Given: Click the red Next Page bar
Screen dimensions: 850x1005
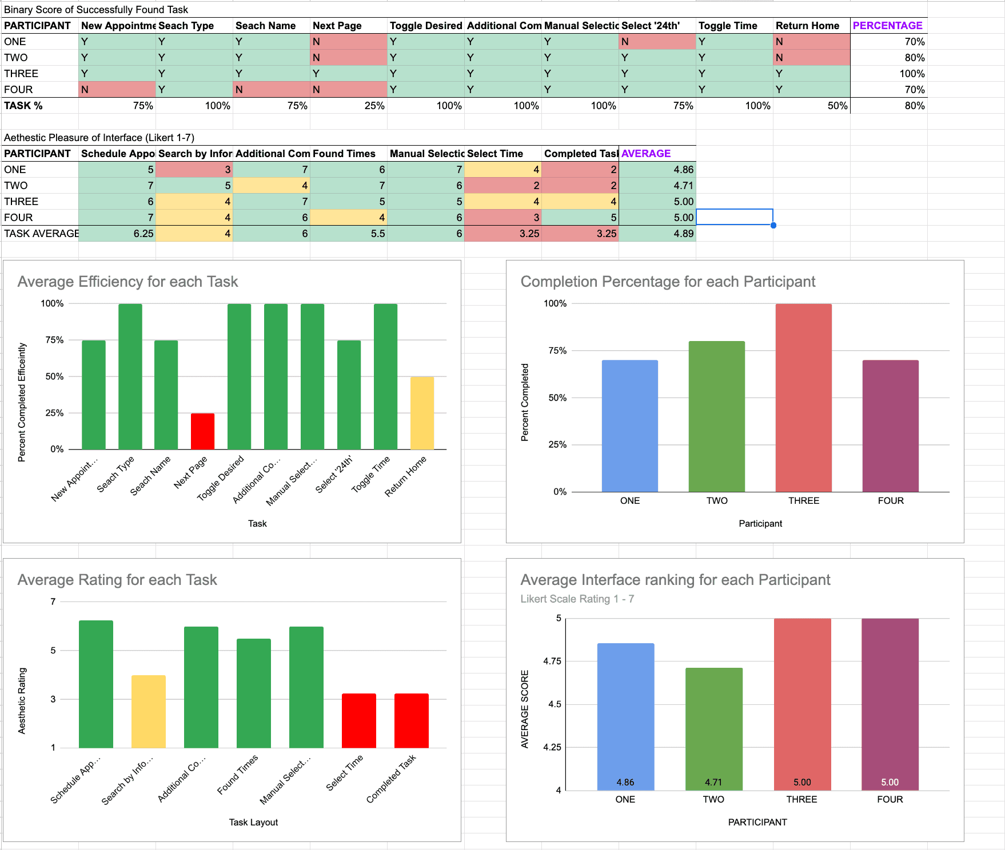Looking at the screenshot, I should [202, 431].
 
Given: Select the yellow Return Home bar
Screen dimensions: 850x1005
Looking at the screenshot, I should [422, 413].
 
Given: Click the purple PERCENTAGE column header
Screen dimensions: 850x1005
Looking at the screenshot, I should [887, 26].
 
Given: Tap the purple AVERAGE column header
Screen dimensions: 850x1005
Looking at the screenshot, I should [646, 154].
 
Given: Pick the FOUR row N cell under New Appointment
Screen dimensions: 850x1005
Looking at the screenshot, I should [117, 90].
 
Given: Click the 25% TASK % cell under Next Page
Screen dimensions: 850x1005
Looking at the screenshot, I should [349, 106].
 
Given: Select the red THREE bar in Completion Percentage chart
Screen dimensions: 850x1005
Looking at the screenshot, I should [803, 398].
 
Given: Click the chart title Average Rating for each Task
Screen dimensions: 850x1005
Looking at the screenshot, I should [117, 580].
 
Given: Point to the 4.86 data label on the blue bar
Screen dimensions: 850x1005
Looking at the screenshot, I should [625, 782].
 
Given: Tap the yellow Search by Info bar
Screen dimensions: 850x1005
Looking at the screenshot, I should [149, 712].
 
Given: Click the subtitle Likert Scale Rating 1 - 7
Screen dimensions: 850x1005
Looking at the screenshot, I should [577, 599].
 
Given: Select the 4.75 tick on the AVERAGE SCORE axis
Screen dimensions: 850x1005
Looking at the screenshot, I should [552, 661].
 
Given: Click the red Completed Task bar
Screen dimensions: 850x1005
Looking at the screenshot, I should [412, 721].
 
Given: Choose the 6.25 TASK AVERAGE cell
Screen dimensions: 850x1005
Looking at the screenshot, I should [117, 234].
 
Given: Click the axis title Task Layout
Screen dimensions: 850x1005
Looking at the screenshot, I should [253, 822].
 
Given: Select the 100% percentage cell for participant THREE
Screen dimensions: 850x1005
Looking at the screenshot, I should [888, 74].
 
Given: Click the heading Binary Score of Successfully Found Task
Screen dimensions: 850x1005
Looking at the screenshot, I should [96, 10].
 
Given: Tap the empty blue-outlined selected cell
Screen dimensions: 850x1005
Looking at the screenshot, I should [734, 218].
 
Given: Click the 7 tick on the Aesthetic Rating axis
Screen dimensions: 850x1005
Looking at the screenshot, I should [53, 602].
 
